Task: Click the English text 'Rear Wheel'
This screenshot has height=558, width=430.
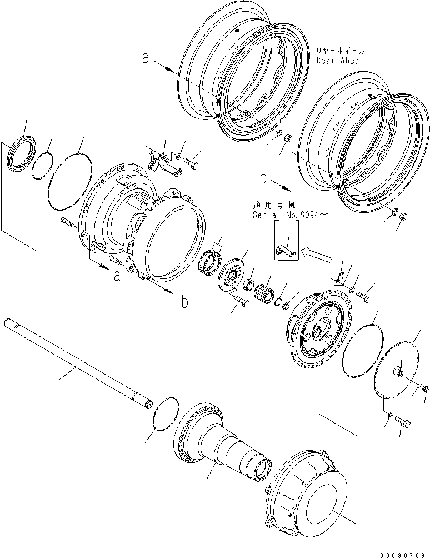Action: (x=339, y=60)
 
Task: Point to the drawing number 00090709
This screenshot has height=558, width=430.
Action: (x=404, y=554)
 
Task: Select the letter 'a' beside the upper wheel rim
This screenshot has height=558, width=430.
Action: (x=146, y=58)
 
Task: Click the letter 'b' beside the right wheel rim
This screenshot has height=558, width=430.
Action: (x=263, y=179)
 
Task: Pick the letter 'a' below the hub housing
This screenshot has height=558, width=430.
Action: (x=117, y=275)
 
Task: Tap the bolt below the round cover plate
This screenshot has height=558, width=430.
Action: (x=403, y=424)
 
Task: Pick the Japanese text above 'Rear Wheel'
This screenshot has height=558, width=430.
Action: (x=339, y=49)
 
